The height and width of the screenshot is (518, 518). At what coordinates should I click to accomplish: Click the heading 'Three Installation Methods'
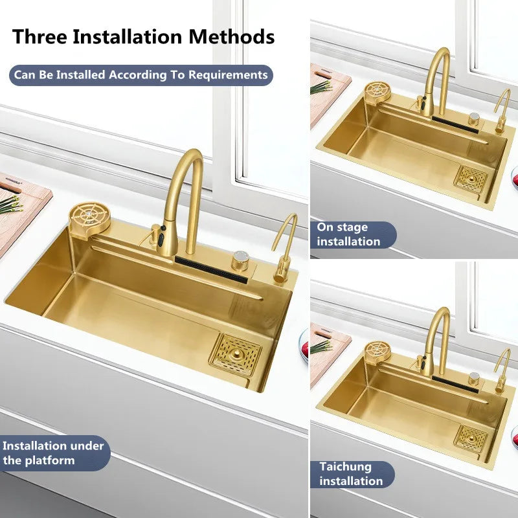(x=143, y=36)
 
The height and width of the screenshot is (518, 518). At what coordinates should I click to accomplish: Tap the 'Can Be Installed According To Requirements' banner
(x=141, y=75)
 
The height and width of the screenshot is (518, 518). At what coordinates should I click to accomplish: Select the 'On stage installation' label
(x=349, y=234)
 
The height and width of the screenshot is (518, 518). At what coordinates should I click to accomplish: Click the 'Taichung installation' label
(x=351, y=474)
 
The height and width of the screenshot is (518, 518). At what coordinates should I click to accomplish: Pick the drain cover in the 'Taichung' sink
(x=471, y=436)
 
